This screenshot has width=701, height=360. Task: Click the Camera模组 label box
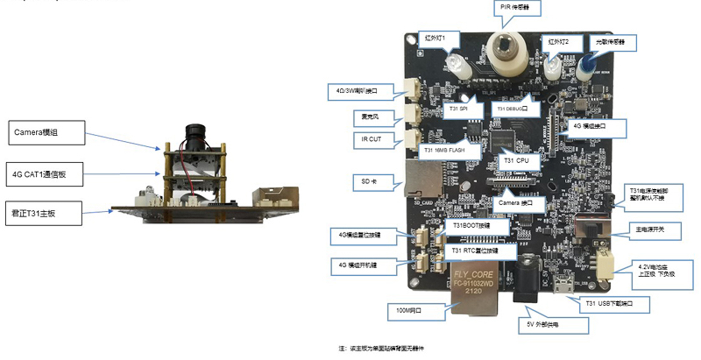(x=47, y=133)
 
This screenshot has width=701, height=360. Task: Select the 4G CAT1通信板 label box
(x=45, y=174)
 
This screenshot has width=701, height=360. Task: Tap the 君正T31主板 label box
(x=43, y=213)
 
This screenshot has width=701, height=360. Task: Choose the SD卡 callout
(x=369, y=181)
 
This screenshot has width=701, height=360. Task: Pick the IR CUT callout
(x=371, y=139)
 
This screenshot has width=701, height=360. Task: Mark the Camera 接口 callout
(x=519, y=204)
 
